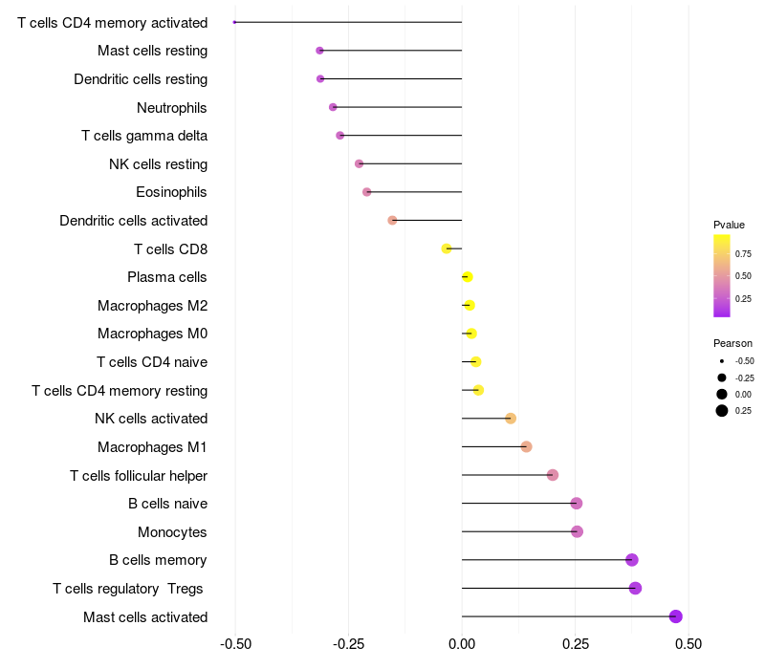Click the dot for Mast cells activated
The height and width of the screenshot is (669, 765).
(676, 616)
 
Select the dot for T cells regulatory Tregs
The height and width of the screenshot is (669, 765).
(635, 588)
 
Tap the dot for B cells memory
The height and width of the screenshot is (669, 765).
(631, 560)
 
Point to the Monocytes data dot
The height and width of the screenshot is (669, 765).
(577, 531)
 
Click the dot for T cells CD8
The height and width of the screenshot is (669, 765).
(447, 248)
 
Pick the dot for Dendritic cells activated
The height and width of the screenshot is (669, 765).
(392, 221)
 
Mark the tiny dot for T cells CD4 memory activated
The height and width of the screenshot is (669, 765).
(234, 22)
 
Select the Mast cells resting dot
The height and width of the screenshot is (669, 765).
(319, 51)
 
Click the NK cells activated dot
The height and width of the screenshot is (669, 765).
(511, 419)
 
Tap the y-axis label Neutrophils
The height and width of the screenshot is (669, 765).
(172, 108)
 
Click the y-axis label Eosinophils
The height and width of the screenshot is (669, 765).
(172, 192)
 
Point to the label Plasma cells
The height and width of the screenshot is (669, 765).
(167, 277)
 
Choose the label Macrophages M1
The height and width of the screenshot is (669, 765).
(153, 447)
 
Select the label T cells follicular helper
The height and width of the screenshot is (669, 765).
(139, 475)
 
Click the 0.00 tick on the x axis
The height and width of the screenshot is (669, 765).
(462, 644)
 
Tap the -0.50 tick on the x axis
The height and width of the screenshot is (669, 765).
(235, 644)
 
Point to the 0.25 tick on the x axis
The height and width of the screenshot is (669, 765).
(575, 644)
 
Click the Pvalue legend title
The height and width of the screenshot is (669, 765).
(729, 225)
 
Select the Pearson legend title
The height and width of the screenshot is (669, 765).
(732, 343)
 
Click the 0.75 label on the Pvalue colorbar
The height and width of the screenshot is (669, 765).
(743, 254)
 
